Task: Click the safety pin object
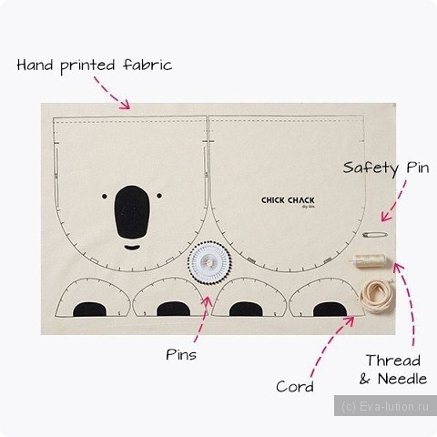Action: (x=375, y=234)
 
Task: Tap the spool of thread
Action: (x=370, y=260)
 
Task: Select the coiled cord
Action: (x=377, y=296)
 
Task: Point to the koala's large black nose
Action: (x=132, y=212)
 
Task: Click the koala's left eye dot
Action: (x=105, y=197)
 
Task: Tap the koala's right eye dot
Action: (x=159, y=196)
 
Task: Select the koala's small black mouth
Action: (x=132, y=248)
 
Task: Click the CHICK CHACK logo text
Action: (x=288, y=200)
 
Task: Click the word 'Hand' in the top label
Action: (x=35, y=65)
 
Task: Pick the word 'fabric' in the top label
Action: (x=147, y=65)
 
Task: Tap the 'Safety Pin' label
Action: (x=386, y=168)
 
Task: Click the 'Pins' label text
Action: (x=181, y=355)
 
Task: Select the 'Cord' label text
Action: (x=295, y=387)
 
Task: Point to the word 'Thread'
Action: (x=393, y=361)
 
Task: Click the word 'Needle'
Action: (x=402, y=379)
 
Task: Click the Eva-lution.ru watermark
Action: (x=385, y=406)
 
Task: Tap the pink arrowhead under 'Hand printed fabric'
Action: (x=125, y=105)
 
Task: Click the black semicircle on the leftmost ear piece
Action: (x=89, y=309)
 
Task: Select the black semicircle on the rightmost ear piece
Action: (x=330, y=310)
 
